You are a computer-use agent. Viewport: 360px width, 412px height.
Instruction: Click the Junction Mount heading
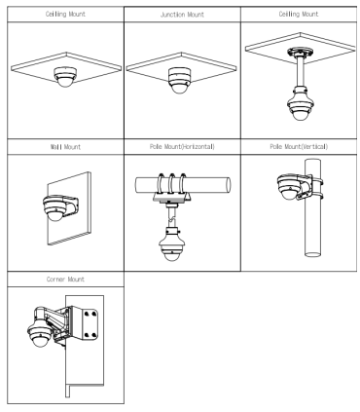[182, 15]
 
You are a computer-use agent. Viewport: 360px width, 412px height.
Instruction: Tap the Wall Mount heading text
[65, 147]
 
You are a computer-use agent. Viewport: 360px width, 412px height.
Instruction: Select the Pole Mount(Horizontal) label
[182, 147]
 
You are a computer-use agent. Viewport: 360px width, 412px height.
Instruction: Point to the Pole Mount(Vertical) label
[299, 147]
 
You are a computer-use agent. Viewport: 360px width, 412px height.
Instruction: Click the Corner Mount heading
[65, 280]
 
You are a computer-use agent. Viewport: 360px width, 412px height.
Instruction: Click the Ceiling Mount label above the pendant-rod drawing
[299, 15]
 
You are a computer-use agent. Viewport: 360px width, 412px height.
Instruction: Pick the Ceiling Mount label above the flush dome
[65, 15]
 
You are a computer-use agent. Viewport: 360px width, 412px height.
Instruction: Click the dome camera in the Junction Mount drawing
[179, 80]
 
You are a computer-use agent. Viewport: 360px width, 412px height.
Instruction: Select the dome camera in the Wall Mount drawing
[55, 208]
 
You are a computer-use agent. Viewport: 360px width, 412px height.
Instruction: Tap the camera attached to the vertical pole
[290, 187]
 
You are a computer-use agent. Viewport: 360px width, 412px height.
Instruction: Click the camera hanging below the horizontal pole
[171, 244]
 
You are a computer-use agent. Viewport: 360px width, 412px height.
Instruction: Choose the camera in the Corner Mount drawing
[40, 334]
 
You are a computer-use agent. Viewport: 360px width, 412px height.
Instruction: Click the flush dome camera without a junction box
[66, 77]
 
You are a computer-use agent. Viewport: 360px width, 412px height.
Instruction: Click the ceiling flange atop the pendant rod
[301, 52]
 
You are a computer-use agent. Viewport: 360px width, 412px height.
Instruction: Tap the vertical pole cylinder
[312, 207]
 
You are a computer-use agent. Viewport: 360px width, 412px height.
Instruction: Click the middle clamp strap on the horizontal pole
[171, 184]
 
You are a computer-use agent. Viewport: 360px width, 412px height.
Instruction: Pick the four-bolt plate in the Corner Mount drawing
[90, 324]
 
